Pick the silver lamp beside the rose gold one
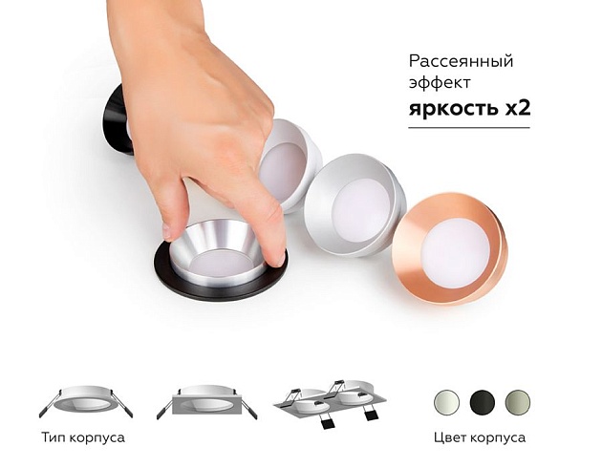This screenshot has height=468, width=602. (x=352, y=206)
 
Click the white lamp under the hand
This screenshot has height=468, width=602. (x=287, y=162)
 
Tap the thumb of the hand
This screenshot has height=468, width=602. (x=273, y=234)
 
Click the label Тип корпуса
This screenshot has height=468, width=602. (x=84, y=438)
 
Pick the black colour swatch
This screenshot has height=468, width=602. (x=481, y=401)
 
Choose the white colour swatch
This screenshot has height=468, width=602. (x=445, y=401)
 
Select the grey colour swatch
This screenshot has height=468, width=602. (x=517, y=401)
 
